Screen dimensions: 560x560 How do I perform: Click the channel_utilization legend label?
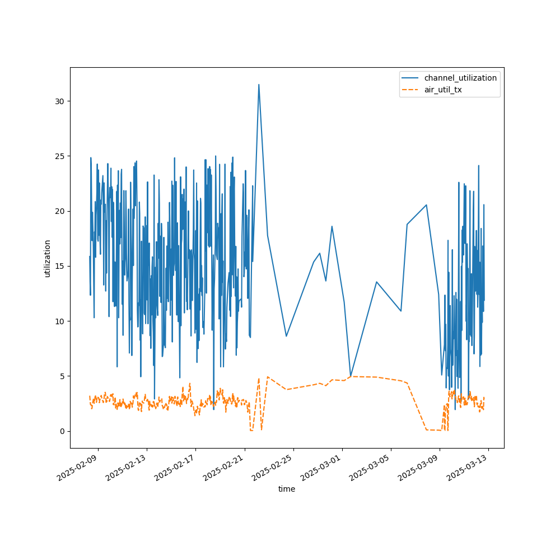(x=460, y=78)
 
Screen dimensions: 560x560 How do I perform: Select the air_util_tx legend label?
(x=443, y=90)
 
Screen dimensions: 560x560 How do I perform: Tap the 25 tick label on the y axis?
(x=59, y=156)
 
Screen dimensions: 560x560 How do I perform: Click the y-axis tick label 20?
(x=59, y=211)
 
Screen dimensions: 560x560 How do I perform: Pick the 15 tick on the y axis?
(x=59, y=266)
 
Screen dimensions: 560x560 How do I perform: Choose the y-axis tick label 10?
(x=59, y=321)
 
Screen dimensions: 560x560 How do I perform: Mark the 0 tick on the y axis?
(x=61, y=431)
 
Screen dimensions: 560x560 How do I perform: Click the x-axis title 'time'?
(x=287, y=489)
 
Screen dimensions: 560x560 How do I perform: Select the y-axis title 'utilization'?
(x=48, y=258)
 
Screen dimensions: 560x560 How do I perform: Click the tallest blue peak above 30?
(x=259, y=85)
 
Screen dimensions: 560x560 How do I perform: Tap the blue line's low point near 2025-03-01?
(x=351, y=376)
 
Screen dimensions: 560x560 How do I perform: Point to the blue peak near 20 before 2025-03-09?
(x=426, y=205)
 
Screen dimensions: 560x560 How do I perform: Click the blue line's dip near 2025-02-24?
(x=286, y=336)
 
